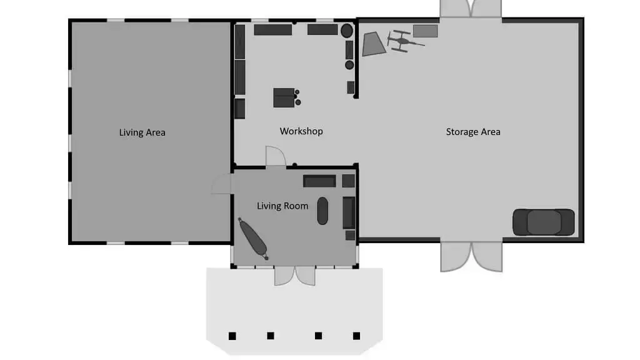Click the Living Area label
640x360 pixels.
coord(142,132)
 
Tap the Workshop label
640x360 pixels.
coord(301,131)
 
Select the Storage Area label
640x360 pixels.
coord(473,132)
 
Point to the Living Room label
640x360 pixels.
coord(282,206)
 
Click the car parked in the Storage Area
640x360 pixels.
coord(544,222)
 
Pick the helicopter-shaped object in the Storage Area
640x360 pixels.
coord(404,41)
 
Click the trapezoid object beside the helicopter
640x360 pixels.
coord(374,44)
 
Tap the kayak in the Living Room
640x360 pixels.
coord(254,239)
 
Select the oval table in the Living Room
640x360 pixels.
coord(322,211)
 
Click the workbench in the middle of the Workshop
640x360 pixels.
coord(284,97)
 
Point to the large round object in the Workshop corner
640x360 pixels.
coord(347,31)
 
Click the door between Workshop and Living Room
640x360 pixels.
coord(276,156)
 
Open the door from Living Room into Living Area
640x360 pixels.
coord(222,184)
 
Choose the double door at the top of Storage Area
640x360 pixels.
coord(471,9)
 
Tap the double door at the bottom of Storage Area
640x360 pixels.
coord(471,256)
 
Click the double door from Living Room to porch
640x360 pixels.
coord(295,276)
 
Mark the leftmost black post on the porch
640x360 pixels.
coord(232,336)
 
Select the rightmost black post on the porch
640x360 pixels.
coord(356,336)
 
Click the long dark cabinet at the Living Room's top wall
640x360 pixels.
coord(319,181)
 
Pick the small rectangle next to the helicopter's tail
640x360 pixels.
coord(425,31)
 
